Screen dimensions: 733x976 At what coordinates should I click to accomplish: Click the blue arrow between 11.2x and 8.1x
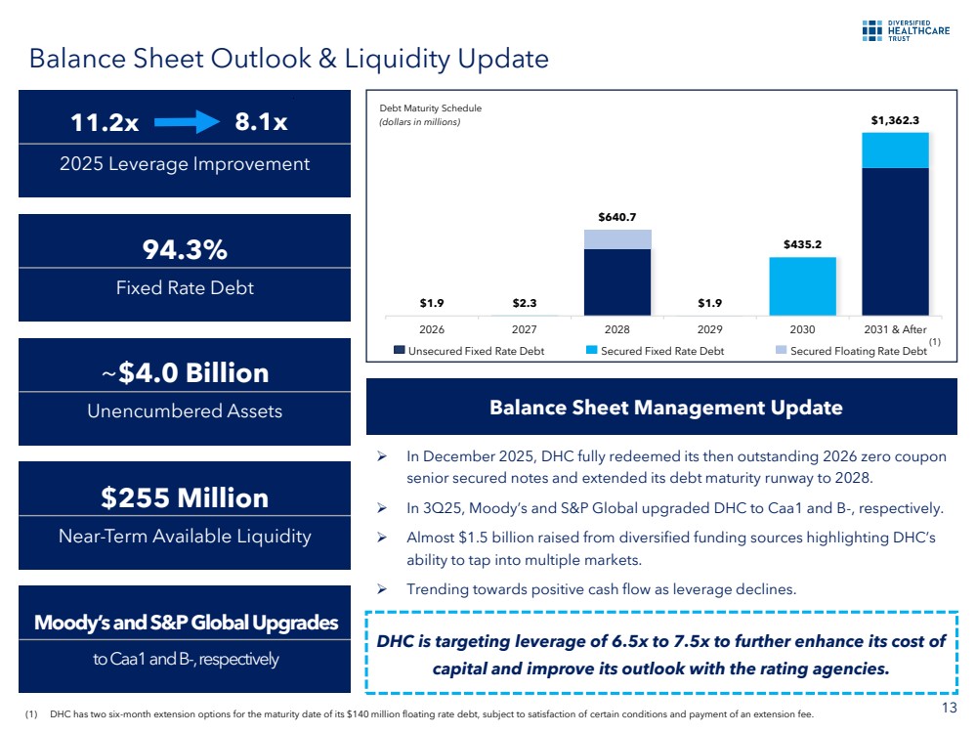(190, 122)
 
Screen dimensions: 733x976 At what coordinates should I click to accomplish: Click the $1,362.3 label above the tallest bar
(895, 120)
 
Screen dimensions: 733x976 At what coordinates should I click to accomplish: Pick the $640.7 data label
(616, 217)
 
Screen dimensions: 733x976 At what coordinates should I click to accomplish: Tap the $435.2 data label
(802, 244)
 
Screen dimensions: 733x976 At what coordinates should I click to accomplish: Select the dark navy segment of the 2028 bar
(616, 281)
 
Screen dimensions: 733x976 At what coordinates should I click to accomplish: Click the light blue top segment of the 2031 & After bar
(895, 150)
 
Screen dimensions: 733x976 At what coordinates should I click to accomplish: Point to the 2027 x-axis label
(524, 330)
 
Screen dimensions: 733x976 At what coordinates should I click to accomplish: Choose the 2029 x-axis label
(709, 330)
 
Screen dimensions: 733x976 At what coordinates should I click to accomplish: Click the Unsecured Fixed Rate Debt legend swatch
(399, 350)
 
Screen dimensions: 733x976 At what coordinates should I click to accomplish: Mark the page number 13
(953, 709)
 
